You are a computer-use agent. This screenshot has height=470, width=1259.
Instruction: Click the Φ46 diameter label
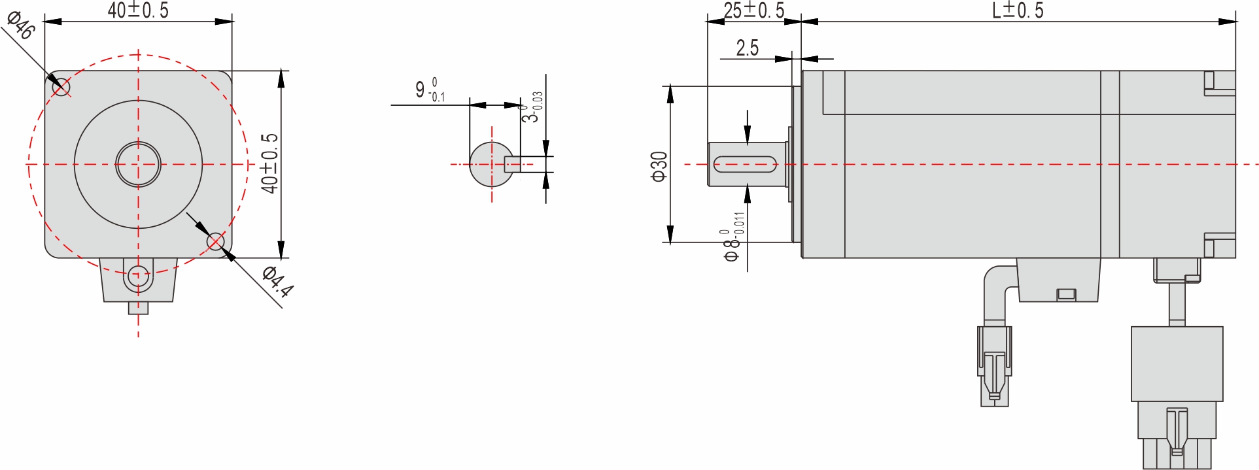[20, 25]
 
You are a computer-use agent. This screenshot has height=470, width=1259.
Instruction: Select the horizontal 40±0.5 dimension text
[138, 10]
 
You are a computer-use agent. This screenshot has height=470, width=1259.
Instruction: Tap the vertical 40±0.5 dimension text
[269, 163]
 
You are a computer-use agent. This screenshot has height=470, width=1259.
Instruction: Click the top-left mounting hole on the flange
[61, 86]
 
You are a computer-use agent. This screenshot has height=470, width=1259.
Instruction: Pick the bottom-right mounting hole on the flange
[215, 242]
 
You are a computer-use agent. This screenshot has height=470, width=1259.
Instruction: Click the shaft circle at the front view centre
[138, 164]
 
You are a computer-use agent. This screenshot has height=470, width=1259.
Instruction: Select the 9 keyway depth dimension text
[429, 90]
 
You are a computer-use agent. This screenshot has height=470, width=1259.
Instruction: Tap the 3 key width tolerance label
[532, 108]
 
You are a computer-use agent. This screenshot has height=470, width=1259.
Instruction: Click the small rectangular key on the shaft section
[513, 164]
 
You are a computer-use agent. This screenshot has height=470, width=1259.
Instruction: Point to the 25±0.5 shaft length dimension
[753, 10]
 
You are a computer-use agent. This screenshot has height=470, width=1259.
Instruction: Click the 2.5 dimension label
[747, 48]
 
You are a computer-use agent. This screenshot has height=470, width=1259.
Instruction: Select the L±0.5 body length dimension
[1018, 10]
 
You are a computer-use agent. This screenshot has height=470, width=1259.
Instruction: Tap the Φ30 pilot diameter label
[659, 166]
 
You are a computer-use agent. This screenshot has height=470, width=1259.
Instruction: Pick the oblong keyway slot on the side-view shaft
[745, 164]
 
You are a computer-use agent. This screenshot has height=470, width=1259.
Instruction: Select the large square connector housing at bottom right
[1177, 363]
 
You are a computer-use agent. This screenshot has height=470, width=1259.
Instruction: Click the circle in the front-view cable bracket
[138, 276]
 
